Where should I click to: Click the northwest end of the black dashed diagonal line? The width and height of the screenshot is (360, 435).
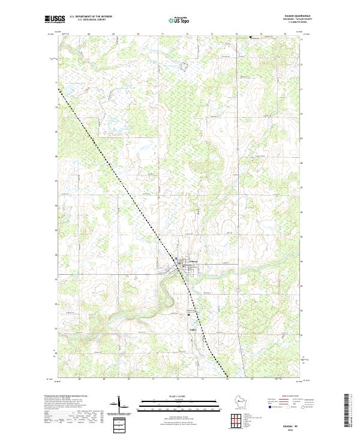click(59, 89)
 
